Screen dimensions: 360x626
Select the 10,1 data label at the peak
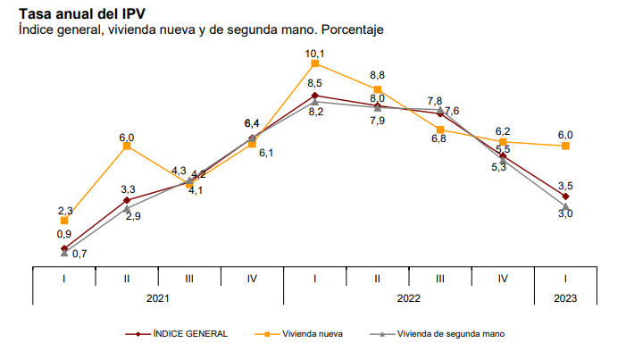[x=314, y=54]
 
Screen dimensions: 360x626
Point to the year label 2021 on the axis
[x=158, y=297]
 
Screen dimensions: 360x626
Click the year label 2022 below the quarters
[x=408, y=297]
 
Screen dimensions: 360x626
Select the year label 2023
[x=565, y=297]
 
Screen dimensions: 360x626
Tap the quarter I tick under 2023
[x=565, y=278]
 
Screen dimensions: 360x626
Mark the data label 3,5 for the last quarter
[x=565, y=186]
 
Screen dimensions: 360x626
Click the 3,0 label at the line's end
[x=565, y=213]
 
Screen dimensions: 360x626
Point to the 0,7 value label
[x=79, y=255]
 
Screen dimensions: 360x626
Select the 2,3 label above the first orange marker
[x=64, y=210]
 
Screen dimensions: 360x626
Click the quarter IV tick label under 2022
[x=503, y=278]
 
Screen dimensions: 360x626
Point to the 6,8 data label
[x=438, y=138]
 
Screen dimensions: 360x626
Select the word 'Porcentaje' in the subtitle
[x=352, y=30]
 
